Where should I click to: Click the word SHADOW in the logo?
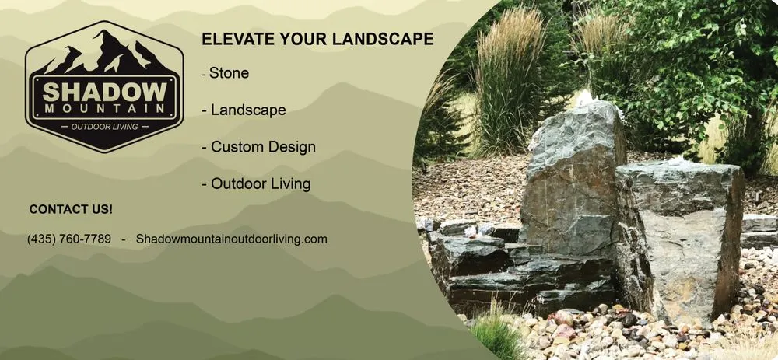[103, 91]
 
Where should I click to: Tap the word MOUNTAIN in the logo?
[103, 108]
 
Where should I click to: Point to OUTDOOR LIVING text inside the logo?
[103, 127]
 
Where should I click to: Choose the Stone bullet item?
[228, 73]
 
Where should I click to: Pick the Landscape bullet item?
[247, 110]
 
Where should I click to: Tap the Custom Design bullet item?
[262, 147]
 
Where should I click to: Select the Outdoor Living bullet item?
[260, 184]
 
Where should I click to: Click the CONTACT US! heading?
[71, 210]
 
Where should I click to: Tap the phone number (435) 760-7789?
[69, 239]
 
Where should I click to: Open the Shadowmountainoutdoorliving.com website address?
[231, 239]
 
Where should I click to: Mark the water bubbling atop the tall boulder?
[585, 98]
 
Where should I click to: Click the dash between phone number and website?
[123, 239]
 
